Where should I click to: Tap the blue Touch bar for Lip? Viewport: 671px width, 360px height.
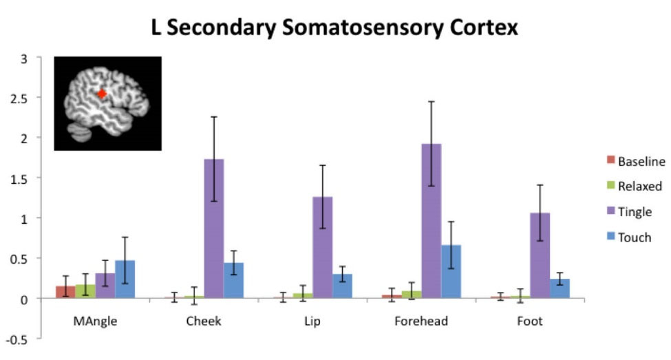[x=342, y=286]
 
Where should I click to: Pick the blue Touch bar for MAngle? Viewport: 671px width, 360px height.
[x=125, y=279]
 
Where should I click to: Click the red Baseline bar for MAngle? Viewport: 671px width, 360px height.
[x=65, y=292]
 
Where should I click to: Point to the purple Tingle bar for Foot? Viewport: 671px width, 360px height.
[x=540, y=255]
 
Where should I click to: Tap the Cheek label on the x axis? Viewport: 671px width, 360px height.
[x=204, y=321]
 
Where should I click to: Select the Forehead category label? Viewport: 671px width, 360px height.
[x=421, y=321]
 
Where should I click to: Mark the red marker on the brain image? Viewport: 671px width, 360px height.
[x=101, y=93]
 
